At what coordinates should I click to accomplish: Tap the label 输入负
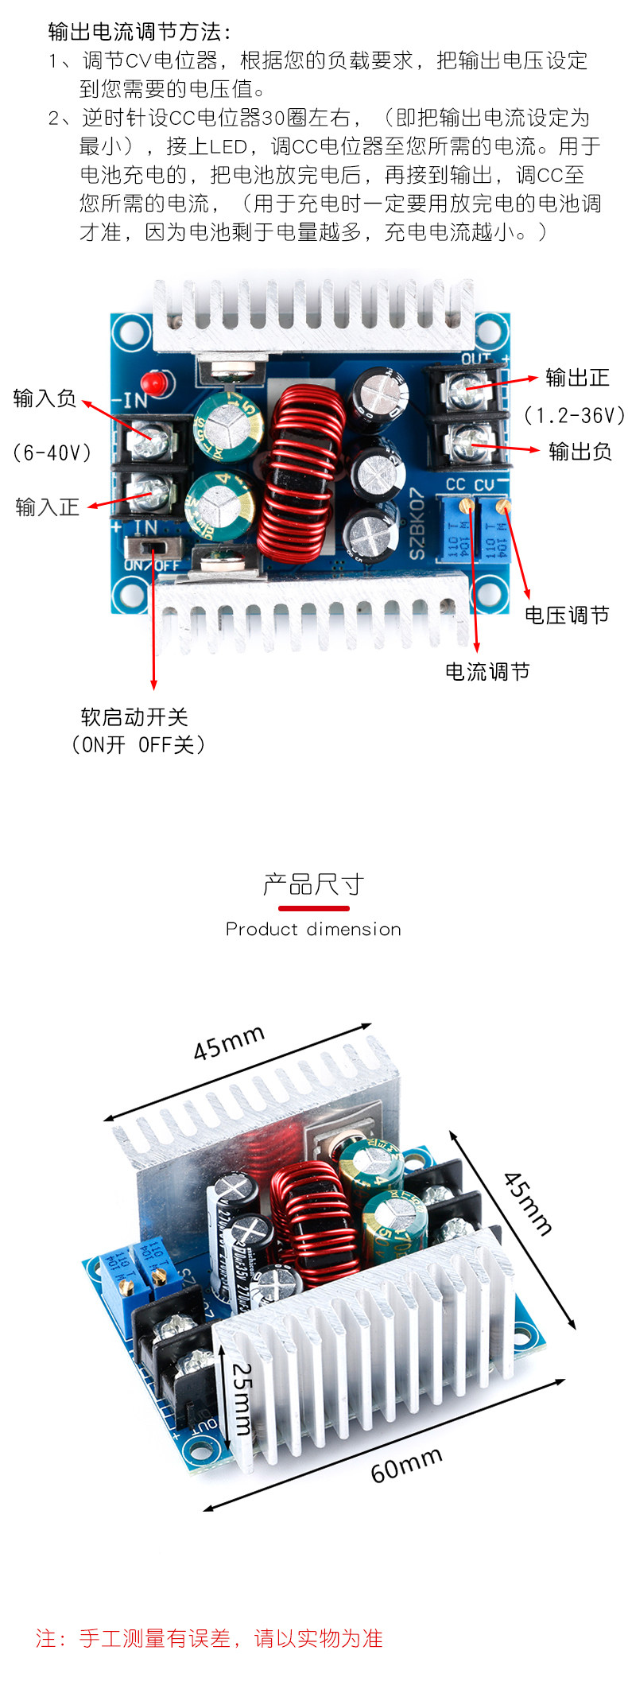pos(45,398)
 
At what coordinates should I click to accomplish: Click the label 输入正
pos(48,507)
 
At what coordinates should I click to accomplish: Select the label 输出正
pos(577,378)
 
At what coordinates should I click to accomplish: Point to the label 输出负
pos(580,452)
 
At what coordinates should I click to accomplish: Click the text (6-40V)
pos(52,452)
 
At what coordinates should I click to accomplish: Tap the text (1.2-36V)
pos(574,415)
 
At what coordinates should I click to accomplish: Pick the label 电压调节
pos(567,615)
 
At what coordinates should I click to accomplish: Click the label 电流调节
pos(487,672)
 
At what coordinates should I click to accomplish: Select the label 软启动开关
pos(134,717)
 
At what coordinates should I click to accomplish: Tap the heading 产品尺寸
pos(313,884)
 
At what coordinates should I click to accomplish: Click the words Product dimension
pos(313,929)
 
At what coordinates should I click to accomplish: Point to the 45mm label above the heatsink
pos(229,1043)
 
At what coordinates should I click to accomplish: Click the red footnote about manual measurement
pos(209,1638)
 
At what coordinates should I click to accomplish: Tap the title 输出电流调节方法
pos(140,32)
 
